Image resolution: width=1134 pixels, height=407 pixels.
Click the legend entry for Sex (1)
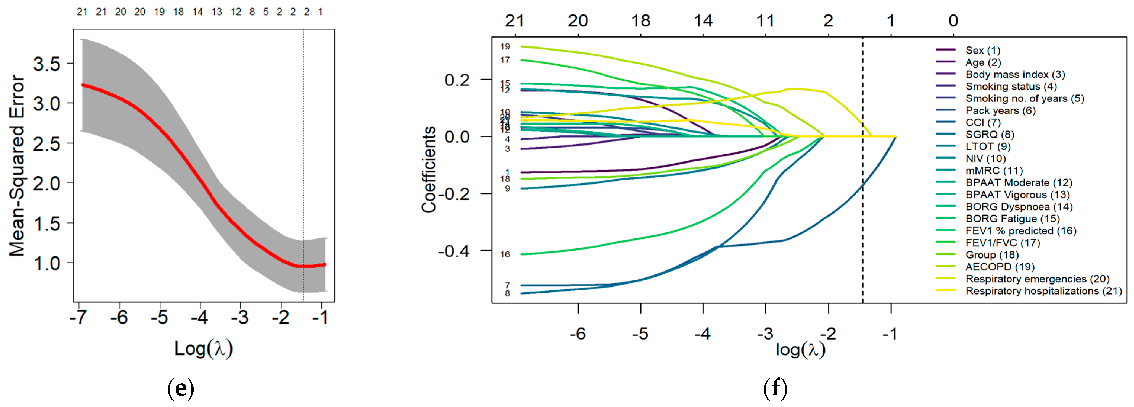(x=982, y=50)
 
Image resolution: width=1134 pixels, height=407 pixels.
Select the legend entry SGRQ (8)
(x=990, y=134)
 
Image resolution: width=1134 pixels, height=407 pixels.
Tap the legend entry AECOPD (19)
(x=1000, y=267)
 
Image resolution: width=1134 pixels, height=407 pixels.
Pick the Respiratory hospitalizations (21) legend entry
(x=1043, y=291)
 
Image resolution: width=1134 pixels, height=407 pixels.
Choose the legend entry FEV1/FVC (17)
(x=1002, y=243)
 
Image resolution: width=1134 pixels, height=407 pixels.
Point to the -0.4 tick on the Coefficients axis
(x=453, y=251)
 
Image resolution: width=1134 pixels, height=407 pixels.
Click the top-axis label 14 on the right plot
(x=703, y=21)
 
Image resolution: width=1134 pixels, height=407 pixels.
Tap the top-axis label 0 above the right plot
(x=953, y=21)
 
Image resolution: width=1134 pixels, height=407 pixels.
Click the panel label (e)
(x=181, y=389)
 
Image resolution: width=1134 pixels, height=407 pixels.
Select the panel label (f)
(x=775, y=389)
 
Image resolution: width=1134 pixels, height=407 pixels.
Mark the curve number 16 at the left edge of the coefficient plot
(x=505, y=254)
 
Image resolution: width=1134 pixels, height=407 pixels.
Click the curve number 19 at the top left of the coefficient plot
(x=505, y=47)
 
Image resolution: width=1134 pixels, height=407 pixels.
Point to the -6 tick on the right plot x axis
(x=578, y=334)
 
